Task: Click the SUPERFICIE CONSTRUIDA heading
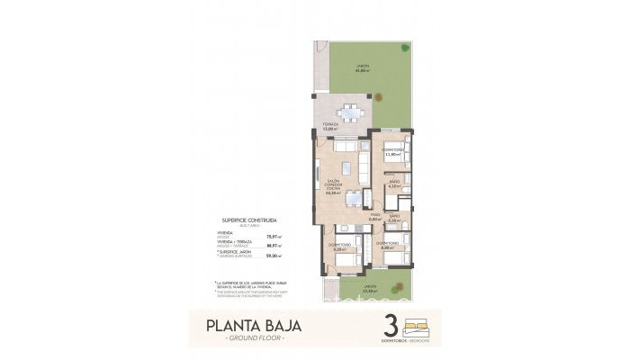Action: (x=248, y=220)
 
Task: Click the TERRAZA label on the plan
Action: (x=330, y=126)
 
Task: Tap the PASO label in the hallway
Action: (x=374, y=217)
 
